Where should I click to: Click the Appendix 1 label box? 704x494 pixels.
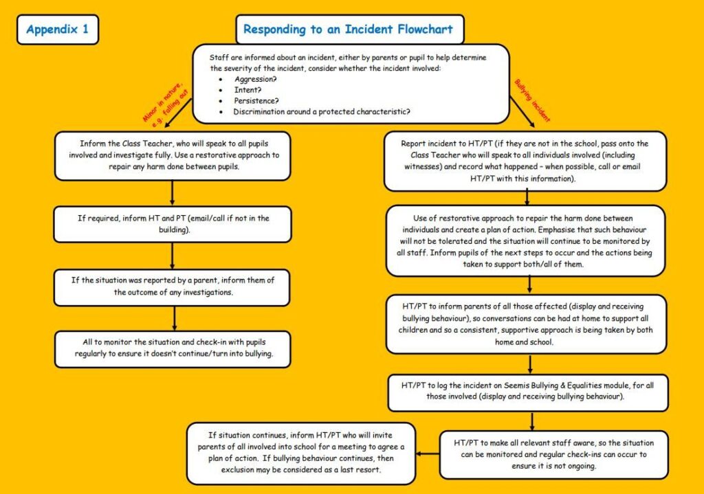point(58,30)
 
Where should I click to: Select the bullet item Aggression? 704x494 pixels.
point(256,79)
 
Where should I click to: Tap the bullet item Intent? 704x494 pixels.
point(247,90)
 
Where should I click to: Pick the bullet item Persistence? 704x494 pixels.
point(256,100)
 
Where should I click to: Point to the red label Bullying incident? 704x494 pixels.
point(532,100)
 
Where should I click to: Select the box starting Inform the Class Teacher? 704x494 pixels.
point(173,156)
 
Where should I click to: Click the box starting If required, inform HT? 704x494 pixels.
point(173,225)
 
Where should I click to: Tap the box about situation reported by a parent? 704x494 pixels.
point(172,287)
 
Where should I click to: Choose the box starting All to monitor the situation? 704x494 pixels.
point(173,348)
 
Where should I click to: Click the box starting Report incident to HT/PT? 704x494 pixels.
point(525,161)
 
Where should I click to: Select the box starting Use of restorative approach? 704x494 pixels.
point(525,241)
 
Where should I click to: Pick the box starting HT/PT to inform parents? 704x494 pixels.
point(526,324)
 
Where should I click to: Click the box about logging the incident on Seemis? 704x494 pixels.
point(528,392)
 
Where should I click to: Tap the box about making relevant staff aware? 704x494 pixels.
point(554,455)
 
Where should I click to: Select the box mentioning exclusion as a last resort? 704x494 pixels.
point(301,453)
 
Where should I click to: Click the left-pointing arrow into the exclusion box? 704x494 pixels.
point(428,453)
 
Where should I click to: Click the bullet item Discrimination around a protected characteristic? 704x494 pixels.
point(322,112)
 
